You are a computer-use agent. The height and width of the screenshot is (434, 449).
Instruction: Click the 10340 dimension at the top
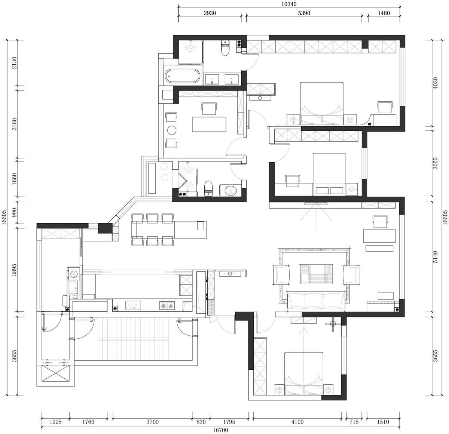[x=289, y=4]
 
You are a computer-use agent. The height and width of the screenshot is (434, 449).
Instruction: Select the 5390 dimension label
[x=304, y=13]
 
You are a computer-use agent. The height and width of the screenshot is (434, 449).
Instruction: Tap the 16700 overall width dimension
[x=220, y=430]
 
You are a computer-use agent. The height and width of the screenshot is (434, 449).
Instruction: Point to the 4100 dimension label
[x=297, y=422]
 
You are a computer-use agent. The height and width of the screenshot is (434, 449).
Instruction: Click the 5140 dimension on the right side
[x=435, y=257]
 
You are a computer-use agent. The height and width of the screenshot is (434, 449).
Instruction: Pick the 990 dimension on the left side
[x=14, y=212]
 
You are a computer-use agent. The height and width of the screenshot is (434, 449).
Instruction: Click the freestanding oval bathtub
[x=182, y=76]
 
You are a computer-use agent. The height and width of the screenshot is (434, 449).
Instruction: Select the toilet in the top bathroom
[x=225, y=48]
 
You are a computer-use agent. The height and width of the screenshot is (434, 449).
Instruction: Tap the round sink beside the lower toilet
[x=230, y=190]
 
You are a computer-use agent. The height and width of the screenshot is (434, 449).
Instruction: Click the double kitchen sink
[x=133, y=305]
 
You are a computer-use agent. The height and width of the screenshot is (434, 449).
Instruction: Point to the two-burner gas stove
[x=167, y=305]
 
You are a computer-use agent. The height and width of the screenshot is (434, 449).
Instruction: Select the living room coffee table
[x=316, y=274]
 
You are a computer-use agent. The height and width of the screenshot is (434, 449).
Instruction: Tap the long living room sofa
[x=316, y=302]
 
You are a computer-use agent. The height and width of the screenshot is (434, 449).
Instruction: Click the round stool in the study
[x=172, y=130]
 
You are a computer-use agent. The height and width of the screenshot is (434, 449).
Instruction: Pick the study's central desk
[x=209, y=124]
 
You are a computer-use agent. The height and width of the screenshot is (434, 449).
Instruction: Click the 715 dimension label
[x=354, y=422]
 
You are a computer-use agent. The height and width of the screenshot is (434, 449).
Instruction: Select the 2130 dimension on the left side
[x=14, y=63]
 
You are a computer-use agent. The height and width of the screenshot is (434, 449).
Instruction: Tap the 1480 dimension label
[x=384, y=13]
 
